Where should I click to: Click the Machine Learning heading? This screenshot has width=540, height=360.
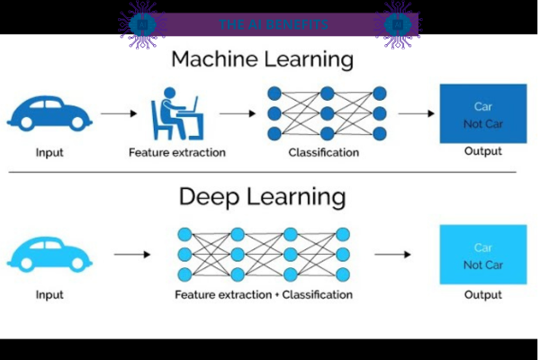point(262,60)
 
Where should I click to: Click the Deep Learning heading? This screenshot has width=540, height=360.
point(262,196)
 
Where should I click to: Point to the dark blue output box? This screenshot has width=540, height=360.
point(482,113)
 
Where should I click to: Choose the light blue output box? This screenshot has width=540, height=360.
point(482,256)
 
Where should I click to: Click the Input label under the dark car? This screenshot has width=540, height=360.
point(49,152)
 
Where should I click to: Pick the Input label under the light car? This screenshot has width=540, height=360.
point(49,294)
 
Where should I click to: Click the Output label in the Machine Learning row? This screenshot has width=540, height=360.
point(482,151)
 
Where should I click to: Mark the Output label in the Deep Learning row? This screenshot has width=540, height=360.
point(482,294)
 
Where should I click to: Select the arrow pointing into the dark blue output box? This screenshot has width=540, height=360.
point(417,114)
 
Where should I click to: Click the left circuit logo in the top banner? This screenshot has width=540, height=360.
point(141,23)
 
